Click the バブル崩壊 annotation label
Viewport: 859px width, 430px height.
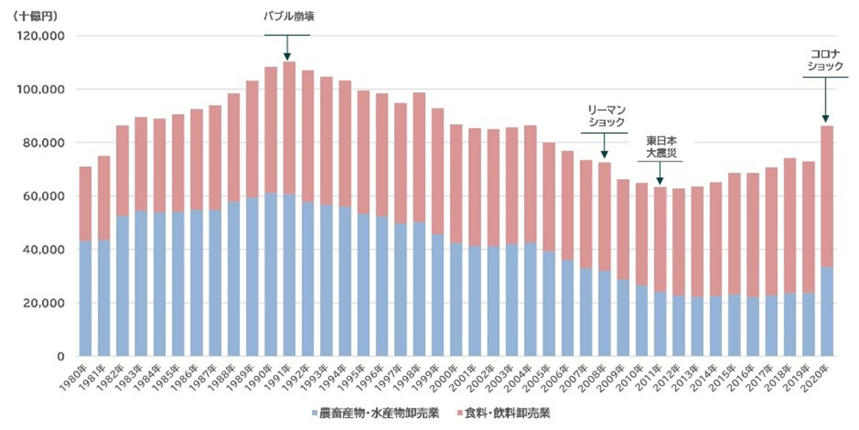click(287, 16)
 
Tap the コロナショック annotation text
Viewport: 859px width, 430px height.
click(825, 59)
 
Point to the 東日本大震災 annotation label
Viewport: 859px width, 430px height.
click(660, 146)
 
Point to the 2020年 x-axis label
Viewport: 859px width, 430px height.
click(820, 378)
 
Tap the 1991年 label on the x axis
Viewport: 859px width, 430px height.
click(282, 378)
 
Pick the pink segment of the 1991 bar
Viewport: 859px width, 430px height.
click(289, 129)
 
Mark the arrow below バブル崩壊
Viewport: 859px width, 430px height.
click(287, 47)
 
